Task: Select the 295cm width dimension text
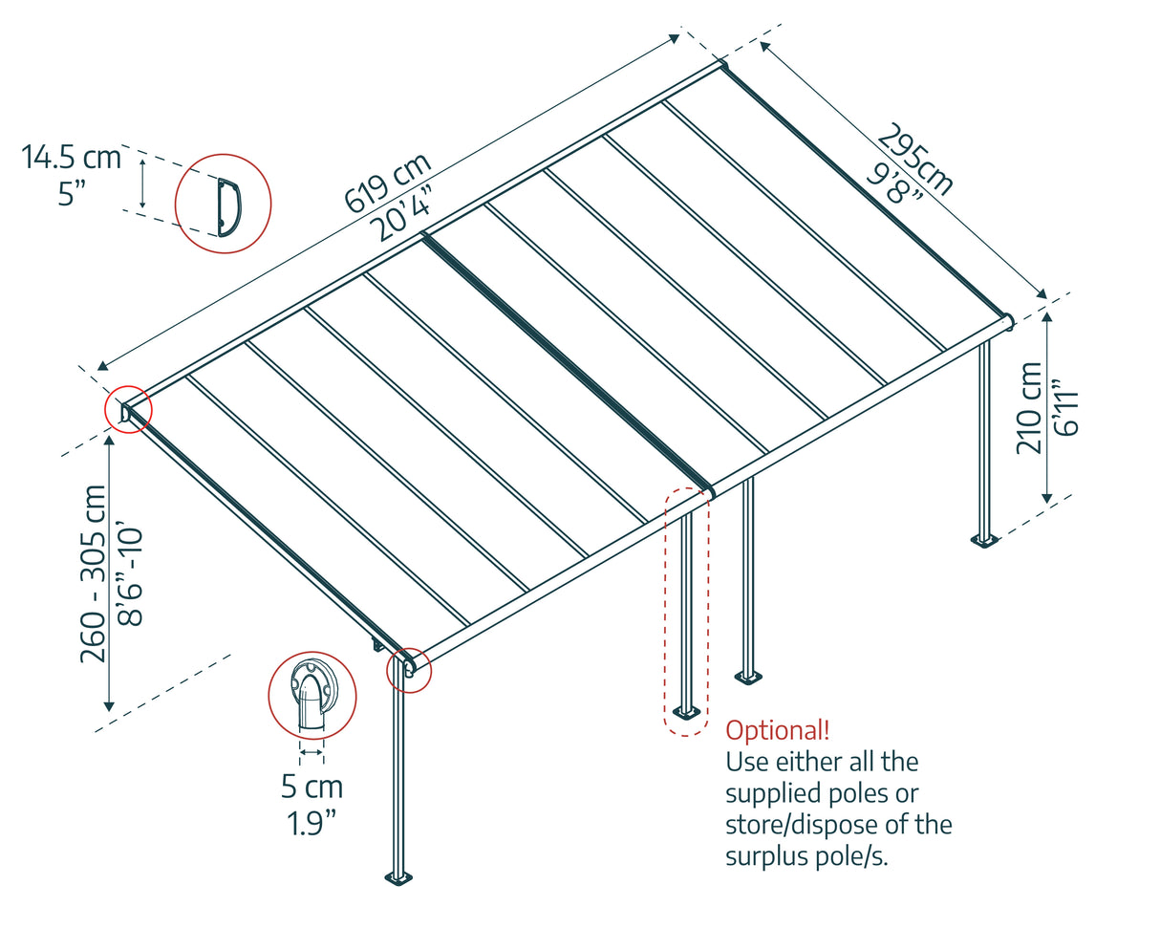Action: [915, 160]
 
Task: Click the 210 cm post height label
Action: [1029, 407]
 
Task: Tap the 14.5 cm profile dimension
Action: [72, 157]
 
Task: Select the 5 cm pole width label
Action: [311, 788]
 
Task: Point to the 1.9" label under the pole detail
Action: [311, 822]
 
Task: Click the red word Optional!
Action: [777, 731]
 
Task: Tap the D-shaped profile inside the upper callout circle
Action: [228, 205]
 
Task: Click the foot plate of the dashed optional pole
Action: [685, 712]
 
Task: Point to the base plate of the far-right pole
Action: [984, 541]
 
